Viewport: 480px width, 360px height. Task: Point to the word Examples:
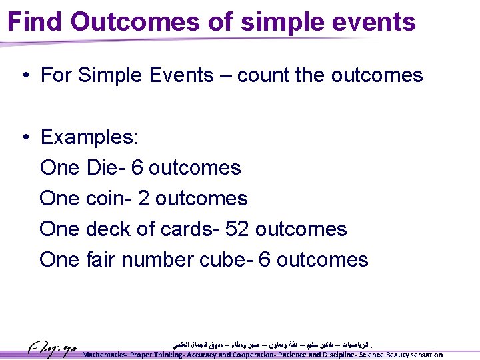click(89, 137)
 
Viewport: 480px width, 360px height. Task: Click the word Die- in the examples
click(106, 167)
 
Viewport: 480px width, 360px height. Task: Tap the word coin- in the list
click(109, 198)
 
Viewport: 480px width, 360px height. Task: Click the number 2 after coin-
click(143, 198)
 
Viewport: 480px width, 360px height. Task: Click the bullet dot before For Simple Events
click(25, 75)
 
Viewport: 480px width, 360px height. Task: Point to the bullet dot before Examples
click(25, 137)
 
